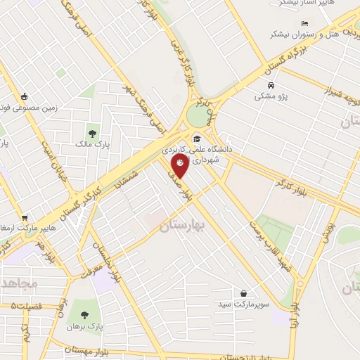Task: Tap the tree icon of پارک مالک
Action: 91,134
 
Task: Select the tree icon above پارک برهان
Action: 85,316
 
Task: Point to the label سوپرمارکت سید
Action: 243,304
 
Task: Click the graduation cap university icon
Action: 198,138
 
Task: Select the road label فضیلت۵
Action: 27,306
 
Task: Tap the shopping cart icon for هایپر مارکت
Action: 25,219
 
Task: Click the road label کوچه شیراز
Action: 330,89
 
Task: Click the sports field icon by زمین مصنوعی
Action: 26,97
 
